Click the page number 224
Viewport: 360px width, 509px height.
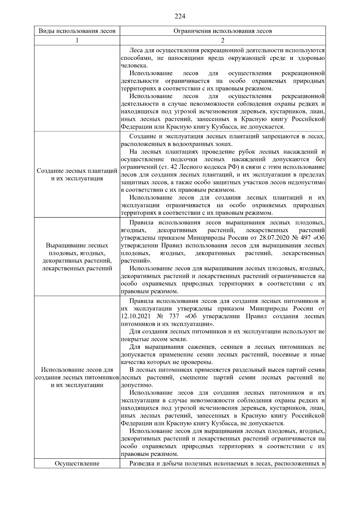(x=180, y=16)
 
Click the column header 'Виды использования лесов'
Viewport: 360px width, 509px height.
(x=77, y=31)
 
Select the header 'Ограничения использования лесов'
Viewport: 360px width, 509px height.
(x=223, y=31)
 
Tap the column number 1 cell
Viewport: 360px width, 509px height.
(x=77, y=40)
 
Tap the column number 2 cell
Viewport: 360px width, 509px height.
(x=223, y=40)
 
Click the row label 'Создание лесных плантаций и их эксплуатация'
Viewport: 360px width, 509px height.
(x=77, y=175)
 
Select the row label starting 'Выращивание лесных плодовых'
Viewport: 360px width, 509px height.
(x=77, y=257)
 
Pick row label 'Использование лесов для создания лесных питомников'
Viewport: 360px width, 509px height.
(x=77, y=377)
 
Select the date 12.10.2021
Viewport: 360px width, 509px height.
(x=135, y=316)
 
